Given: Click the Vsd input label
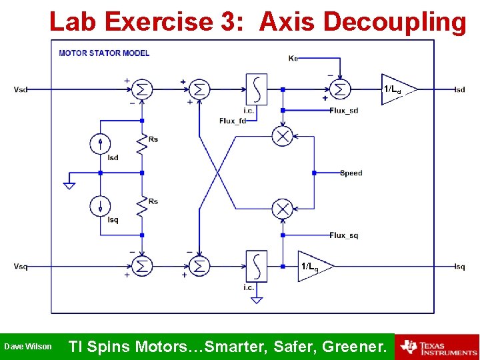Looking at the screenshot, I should click(x=21, y=89).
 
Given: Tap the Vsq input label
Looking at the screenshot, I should click(x=21, y=267).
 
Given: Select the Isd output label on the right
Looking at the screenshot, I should click(x=459, y=89).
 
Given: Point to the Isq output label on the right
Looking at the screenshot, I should click(x=459, y=267).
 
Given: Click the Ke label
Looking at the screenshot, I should click(x=293, y=58).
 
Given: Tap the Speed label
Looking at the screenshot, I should click(x=351, y=173).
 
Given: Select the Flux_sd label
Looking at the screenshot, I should click(x=344, y=110).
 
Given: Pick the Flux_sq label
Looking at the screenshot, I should click(x=344, y=235).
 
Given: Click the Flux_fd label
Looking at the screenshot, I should click(x=233, y=121).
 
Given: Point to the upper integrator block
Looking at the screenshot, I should click(x=257, y=89).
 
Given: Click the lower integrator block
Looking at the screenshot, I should click(x=257, y=267).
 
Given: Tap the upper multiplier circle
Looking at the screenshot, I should click(x=283, y=136).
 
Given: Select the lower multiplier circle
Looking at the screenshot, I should click(x=283, y=209).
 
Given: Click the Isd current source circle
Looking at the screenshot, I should click(x=100, y=143).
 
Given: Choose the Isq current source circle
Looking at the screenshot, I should click(x=100, y=205).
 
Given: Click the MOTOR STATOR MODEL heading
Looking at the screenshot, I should click(x=104, y=53).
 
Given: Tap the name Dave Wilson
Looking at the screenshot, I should click(x=27, y=347).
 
